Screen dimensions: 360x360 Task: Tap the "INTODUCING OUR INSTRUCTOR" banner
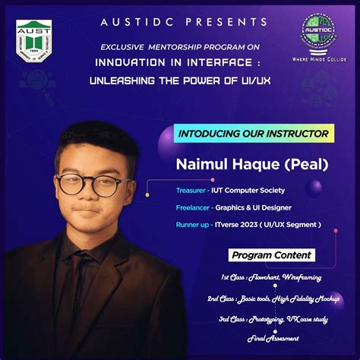(x=253, y=134)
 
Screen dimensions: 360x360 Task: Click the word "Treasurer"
(x=191, y=191)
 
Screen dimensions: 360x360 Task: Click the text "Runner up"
(x=194, y=224)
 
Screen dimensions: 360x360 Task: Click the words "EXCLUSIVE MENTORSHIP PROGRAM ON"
(x=180, y=47)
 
